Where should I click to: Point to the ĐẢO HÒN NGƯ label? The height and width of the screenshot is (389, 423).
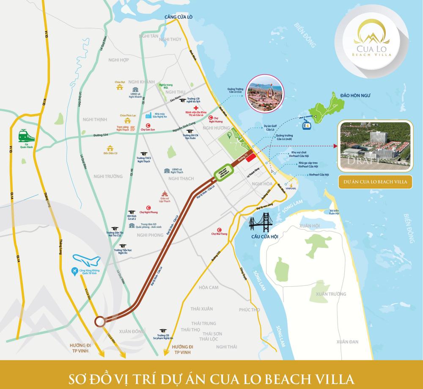(x=355, y=96)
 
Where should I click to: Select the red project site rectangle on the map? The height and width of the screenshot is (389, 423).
(x=251, y=157)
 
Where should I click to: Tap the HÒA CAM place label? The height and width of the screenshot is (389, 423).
(x=208, y=288)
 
